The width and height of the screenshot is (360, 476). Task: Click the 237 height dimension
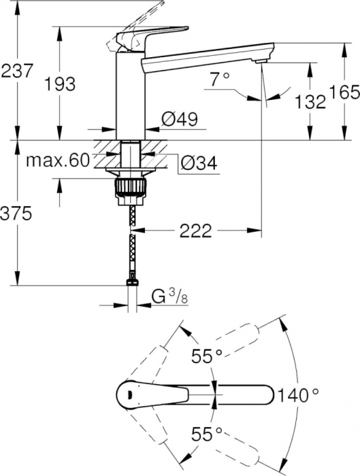[x=17, y=70]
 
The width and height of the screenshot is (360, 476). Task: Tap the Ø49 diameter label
[x=179, y=120]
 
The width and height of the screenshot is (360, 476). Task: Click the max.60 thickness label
[x=58, y=160]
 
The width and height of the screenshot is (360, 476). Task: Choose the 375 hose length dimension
[x=16, y=214]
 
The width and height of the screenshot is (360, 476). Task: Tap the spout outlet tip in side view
[x=261, y=63]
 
